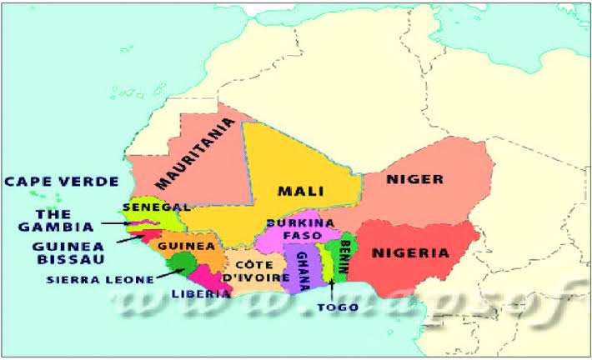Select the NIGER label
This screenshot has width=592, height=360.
(x=414, y=179)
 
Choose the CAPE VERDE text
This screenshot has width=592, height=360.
(x=61, y=182)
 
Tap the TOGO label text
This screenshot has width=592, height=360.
(x=338, y=307)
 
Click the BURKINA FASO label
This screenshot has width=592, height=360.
(x=300, y=229)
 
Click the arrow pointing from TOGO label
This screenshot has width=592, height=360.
(x=331, y=287)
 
